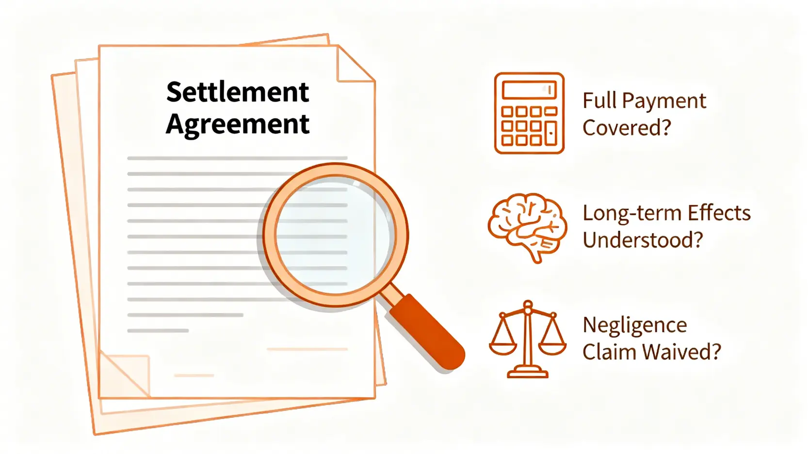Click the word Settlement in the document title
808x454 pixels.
[237, 92]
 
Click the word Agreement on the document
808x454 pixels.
[237, 125]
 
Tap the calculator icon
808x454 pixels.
[529, 113]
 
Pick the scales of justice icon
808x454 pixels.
[528, 339]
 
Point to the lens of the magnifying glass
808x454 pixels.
[335, 235]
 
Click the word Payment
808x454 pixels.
[664, 101]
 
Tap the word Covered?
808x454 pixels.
[627, 128]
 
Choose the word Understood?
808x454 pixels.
[642, 240]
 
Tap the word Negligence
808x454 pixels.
[634, 325]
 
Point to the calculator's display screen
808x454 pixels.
[529, 90]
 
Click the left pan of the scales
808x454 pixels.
[503, 346]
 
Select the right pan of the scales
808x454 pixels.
[552, 346]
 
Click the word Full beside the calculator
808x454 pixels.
[599, 101]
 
